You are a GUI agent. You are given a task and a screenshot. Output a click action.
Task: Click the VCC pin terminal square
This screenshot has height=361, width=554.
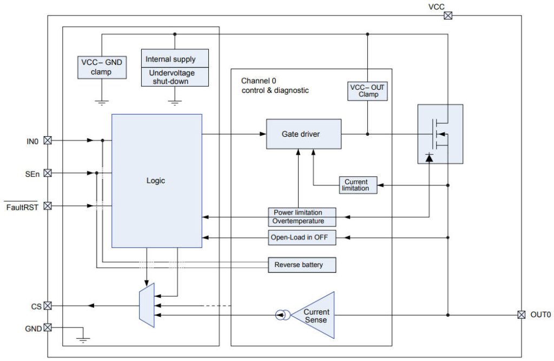point(448,16)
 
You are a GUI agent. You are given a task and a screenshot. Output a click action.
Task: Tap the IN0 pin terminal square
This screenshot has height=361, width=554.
point(48,141)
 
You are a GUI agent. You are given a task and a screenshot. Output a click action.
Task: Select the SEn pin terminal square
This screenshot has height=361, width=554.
point(48,173)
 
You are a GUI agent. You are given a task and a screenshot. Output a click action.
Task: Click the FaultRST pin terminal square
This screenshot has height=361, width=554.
point(48,206)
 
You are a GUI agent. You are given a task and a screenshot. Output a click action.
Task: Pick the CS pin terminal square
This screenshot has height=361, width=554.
point(48,306)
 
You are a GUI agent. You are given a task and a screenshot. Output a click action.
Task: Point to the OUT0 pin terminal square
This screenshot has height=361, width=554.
point(521,315)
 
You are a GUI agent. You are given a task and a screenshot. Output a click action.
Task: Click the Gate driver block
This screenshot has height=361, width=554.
point(304,134)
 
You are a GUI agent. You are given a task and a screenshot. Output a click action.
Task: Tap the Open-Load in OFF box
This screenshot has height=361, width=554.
point(302,237)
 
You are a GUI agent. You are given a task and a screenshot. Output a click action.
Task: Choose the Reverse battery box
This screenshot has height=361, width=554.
point(302,265)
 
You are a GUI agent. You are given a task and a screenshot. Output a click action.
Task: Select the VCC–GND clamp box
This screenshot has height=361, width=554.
point(102,66)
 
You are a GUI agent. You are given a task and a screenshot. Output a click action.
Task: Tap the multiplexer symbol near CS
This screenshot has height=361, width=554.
point(146,306)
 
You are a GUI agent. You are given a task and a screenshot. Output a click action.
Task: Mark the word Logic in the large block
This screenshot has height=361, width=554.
point(156,180)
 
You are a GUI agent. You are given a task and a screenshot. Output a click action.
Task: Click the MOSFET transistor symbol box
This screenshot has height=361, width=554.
point(440,133)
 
